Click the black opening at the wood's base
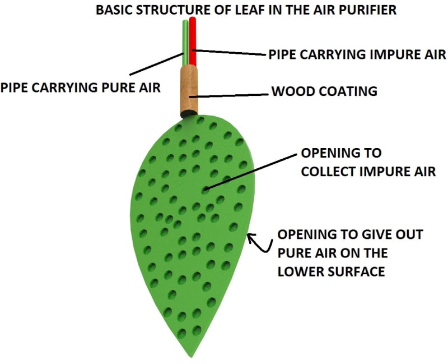pos(189,114)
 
